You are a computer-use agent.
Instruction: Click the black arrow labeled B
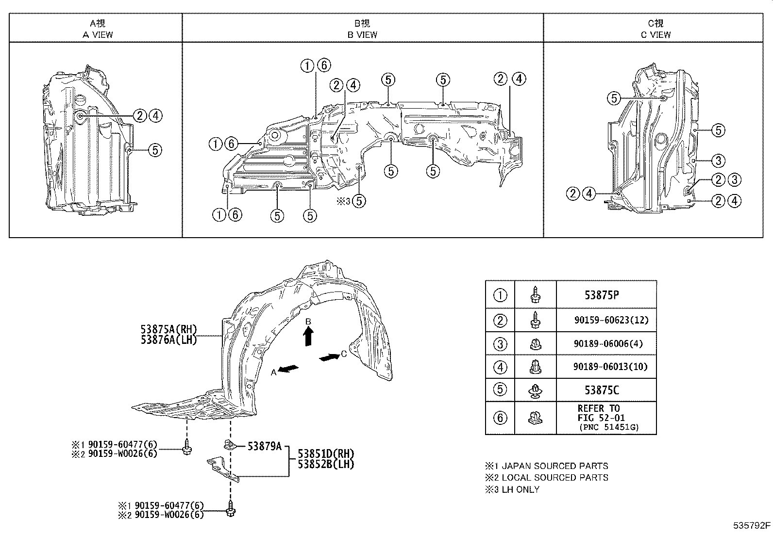pyautogui.click(x=308, y=336)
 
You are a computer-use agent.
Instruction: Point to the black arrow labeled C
pyautogui.click(x=330, y=357)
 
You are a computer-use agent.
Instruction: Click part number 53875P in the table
pyautogui.click(x=602, y=295)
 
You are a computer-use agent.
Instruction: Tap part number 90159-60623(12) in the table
pyautogui.click(x=610, y=320)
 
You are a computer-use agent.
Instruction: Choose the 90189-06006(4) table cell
pyautogui.click(x=608, y=343)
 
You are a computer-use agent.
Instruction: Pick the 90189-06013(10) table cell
pyautogui.click(x=610, y=367)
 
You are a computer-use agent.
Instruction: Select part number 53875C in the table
pyautogui.click(x=602, y=390)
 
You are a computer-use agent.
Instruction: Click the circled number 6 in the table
pyautogui.click(x=500, y=418)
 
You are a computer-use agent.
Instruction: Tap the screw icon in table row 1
pyautogui.click(x=535, y=295)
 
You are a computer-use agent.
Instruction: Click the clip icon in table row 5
pyautogui.click(x=535, y=390)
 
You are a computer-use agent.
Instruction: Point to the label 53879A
pyautogui.click(x=264, y=446)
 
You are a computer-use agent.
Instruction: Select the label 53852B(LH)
pyautogui.click(x=326, y=464)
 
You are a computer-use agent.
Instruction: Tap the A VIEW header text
pyautogui.click(x=98, y=34)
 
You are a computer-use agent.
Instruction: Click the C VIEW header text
pyautogui.click(x=655, y=34)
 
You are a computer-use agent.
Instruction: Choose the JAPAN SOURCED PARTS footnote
pyautogui.click(x=554, y=466)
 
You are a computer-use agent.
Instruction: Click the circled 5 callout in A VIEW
pyautogui.click(x=154, y=150)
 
